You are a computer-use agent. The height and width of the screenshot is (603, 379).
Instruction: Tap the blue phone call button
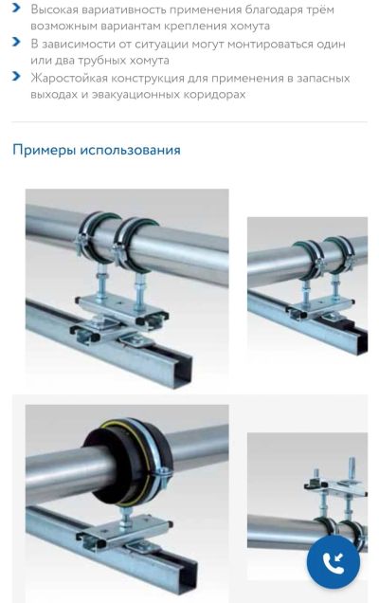point(334,561)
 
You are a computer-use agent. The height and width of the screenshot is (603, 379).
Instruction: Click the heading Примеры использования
point(97,150)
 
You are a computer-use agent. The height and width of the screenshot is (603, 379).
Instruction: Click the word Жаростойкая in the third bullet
point(69,78)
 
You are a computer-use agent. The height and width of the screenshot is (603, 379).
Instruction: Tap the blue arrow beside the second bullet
point(16,42)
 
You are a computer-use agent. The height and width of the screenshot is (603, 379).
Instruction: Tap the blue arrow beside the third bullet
point(16,76)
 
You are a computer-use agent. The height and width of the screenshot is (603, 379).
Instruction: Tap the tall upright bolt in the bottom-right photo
point(352,467)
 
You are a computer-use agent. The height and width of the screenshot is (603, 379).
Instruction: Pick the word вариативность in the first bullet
point(123,9)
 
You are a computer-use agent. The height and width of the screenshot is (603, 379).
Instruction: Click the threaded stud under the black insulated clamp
point(125,518)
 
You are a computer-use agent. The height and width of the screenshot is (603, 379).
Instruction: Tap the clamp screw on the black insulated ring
point(163,474)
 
